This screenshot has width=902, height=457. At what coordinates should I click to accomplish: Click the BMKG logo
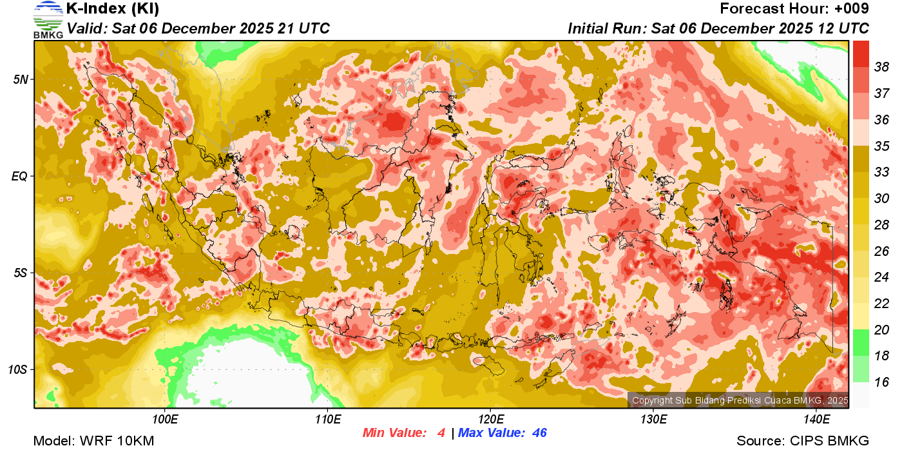tap(48, 19)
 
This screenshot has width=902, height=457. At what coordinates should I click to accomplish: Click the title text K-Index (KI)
tap(113, 9)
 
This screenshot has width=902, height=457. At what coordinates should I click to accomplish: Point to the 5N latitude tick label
tap(20, 79)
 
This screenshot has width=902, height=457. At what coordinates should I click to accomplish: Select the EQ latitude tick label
tap(20, 176)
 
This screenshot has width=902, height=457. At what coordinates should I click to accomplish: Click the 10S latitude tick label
tap(17, 369)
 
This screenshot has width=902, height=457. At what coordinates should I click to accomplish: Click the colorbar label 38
tap(881, 66)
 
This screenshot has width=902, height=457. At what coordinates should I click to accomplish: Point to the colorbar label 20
tap(881, 330)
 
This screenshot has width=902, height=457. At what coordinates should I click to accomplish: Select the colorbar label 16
tap(881, 382)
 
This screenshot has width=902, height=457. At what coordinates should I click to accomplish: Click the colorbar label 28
tap(881, 224)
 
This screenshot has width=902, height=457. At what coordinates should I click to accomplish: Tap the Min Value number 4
tap(441, 433)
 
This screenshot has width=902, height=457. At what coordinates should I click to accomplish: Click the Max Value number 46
tap(539, 433)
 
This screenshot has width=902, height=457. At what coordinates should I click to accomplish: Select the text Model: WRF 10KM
tap(93, 442)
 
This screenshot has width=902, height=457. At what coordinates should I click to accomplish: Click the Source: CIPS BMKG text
tap(803, 442)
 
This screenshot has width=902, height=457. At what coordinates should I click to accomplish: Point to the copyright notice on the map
tap(740, 401)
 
